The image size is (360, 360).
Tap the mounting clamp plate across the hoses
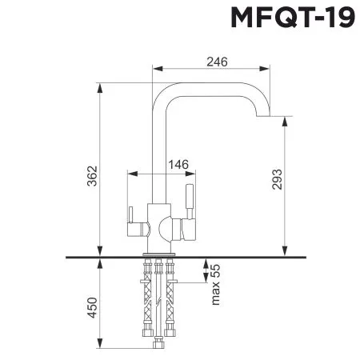pyautogui.click(x=158, y=282)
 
